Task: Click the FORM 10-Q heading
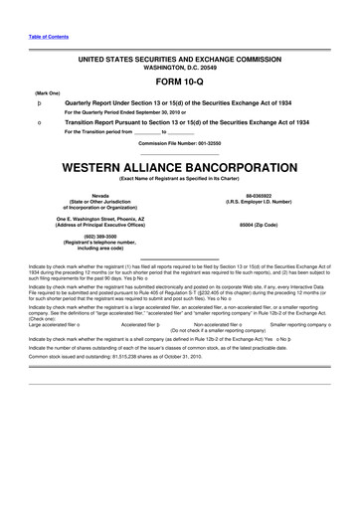[x=180, y=81]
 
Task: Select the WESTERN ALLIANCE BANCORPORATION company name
[x=180, y=163]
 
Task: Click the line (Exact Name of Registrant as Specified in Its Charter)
[x=180, y=178]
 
